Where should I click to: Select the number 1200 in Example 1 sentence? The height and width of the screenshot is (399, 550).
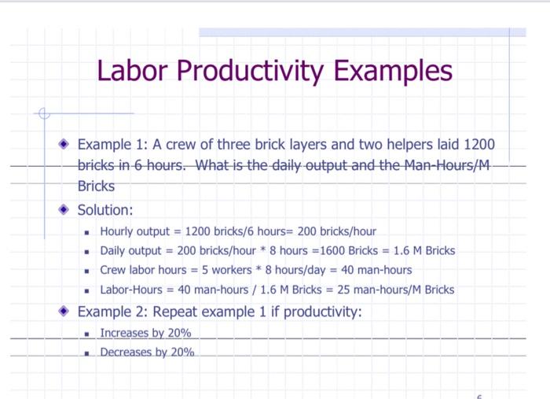[479, 146]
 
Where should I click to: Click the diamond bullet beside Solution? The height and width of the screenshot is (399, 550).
[64, 210]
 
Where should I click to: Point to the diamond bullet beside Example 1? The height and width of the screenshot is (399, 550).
[64, 146]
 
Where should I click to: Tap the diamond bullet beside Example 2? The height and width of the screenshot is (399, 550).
[64, 312]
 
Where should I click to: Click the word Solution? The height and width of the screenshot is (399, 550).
[105, 210]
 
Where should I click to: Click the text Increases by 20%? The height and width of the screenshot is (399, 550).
[145, 333]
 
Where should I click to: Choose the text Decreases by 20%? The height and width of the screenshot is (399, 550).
[147, 352]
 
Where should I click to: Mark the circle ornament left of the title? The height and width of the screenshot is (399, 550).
[44, 113]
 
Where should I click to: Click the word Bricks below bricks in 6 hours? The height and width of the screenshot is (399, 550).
[96, 187]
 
